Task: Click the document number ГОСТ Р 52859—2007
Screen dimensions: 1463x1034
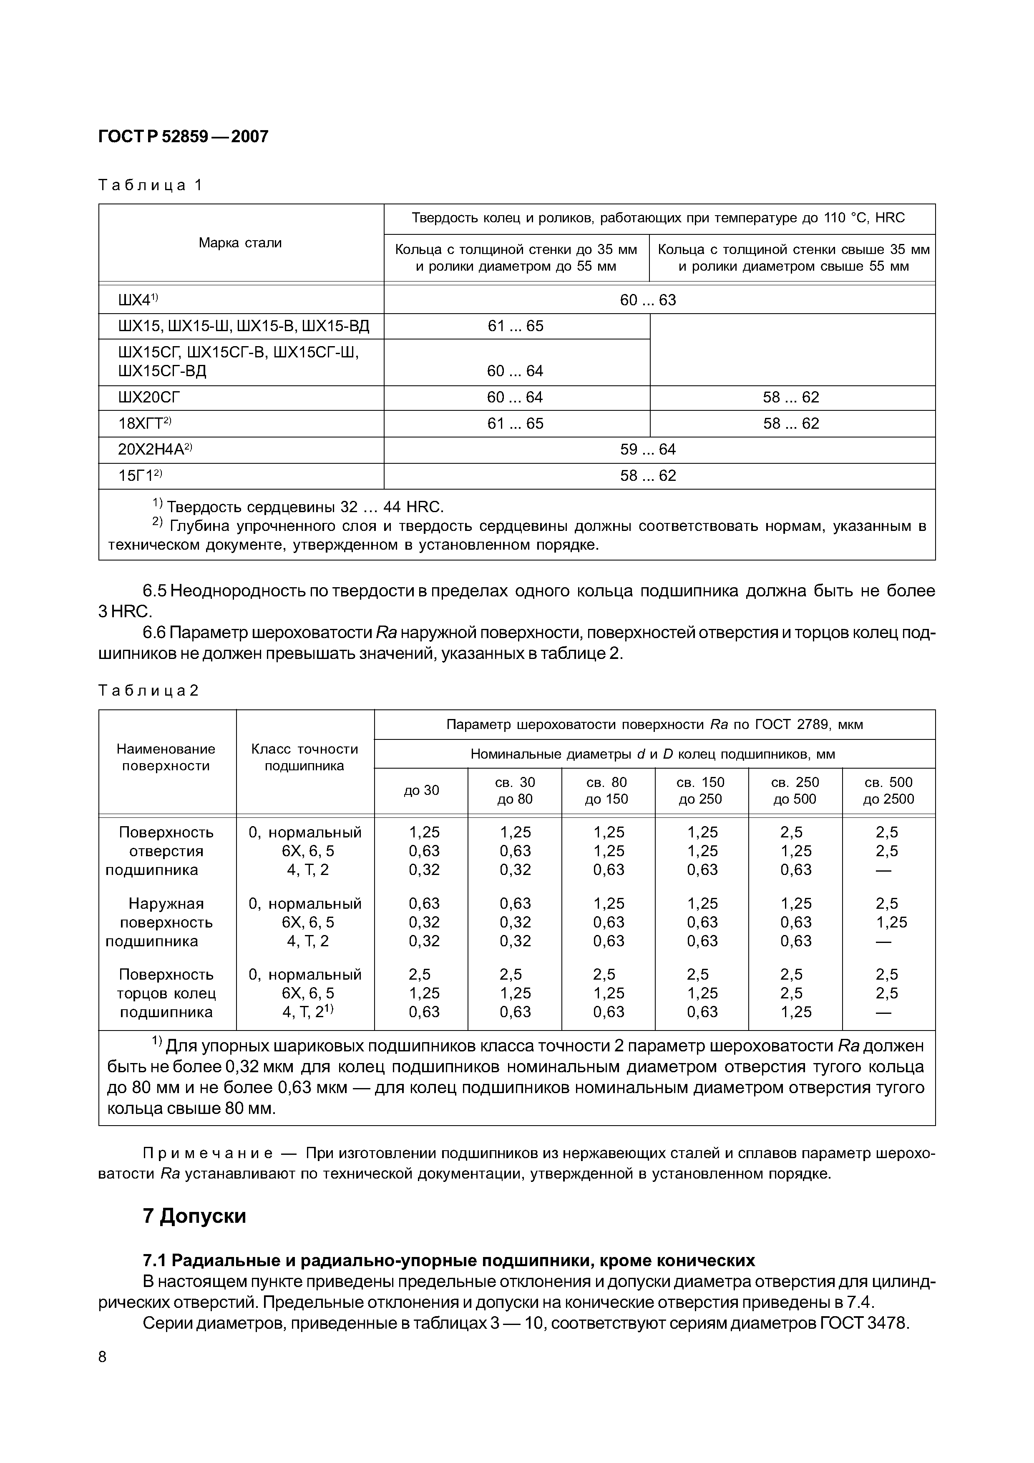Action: point(184,137)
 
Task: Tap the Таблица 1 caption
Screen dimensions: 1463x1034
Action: point(150,186)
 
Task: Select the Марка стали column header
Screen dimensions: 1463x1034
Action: point(240,243)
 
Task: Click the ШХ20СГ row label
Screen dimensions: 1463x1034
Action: point(149,397)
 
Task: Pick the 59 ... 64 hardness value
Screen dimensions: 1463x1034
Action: point(648,450)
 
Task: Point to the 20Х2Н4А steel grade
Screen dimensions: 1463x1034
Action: point(155,450)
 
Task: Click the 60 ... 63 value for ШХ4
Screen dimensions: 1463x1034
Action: point(648,300)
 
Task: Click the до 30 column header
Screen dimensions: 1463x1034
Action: point(421,791)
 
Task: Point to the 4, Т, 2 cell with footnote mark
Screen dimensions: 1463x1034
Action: point(308,1012)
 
